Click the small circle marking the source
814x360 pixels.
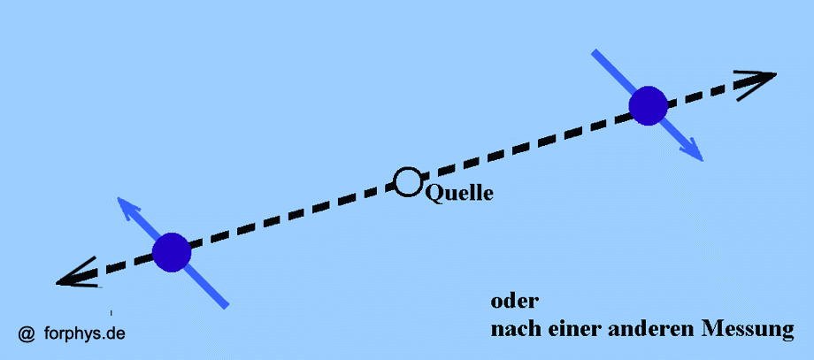click(x=407, y=182)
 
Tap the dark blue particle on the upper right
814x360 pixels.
click(x=648, y=105)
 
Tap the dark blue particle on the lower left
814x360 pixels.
click(x=172, y=252)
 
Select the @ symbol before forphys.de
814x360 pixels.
click(x=27, y=333)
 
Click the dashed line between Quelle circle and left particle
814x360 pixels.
click(x=292, y=217)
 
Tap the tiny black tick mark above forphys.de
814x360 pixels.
click(x=111, y=312)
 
